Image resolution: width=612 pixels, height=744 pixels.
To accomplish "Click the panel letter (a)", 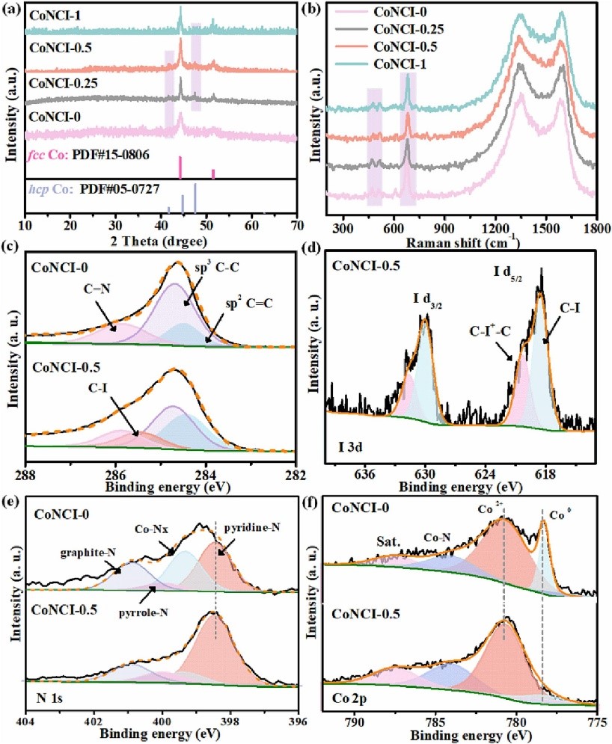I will coord(12,7).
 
